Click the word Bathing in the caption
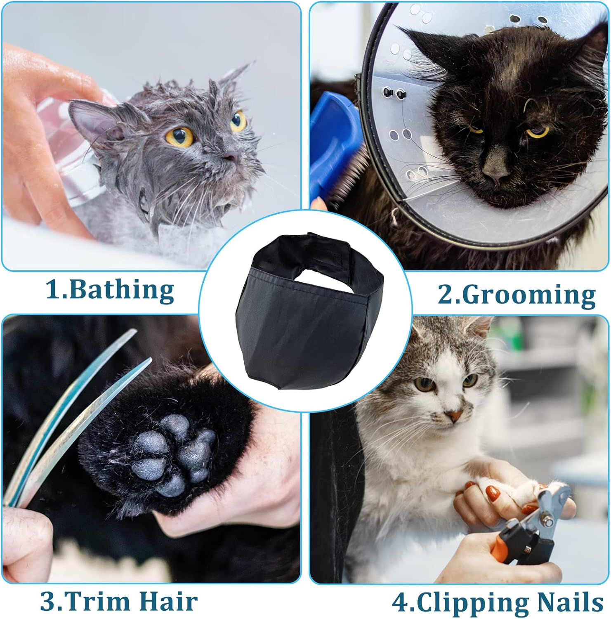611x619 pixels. click(x=121, y=291)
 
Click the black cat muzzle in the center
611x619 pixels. click(x=309, y=326)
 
